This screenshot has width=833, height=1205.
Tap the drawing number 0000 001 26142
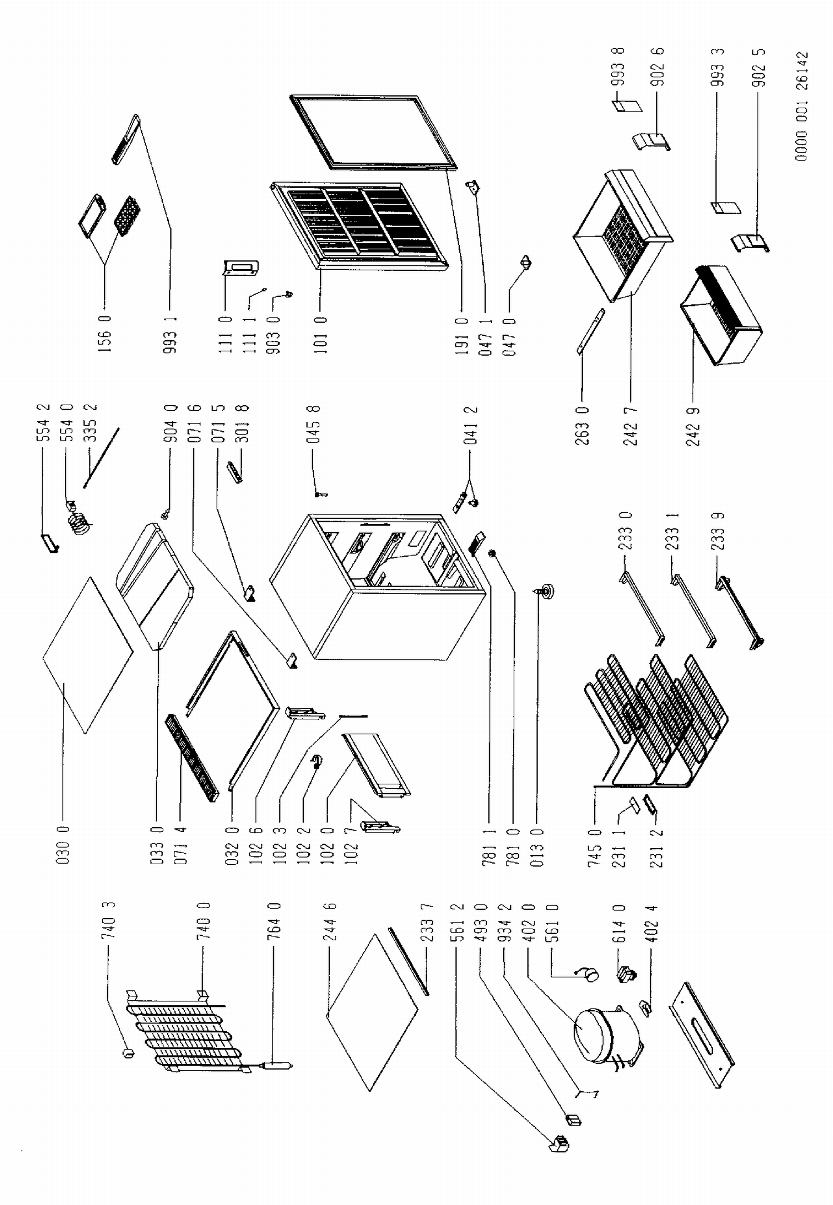[x=801, y=107]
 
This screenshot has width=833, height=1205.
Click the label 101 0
[x=322, y=335]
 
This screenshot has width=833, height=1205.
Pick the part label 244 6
[x=330, y=923]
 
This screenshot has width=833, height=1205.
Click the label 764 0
[x=275, y=923]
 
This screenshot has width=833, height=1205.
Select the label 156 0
[x=105, y=335]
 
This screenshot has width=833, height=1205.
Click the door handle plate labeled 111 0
[x=242, y=268]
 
